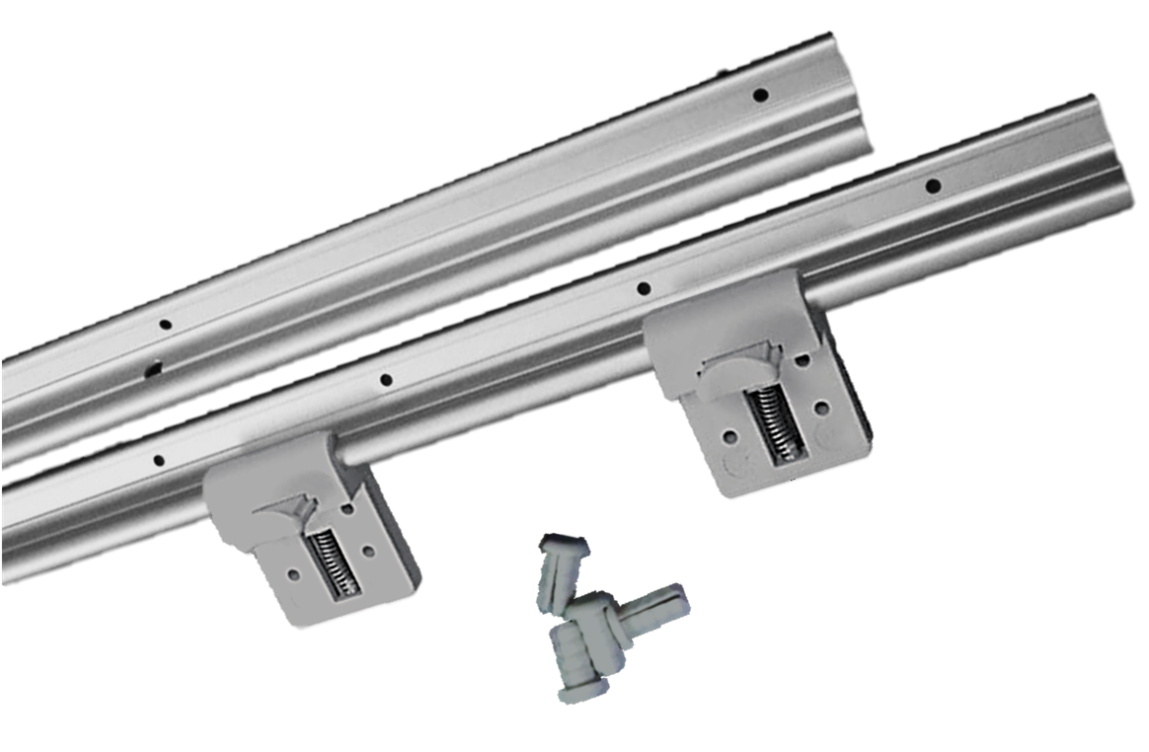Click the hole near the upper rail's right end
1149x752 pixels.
click(760, 96)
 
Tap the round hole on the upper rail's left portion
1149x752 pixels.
click(165, 324)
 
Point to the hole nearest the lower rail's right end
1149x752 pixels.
click(931, 186)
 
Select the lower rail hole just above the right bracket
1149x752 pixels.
click(643, 289)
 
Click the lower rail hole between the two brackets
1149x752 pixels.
click(386, 380)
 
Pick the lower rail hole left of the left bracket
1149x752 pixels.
click(156, 459)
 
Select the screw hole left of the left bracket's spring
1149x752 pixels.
click(293, 572)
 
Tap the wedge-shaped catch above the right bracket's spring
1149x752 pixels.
click(742, 364)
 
